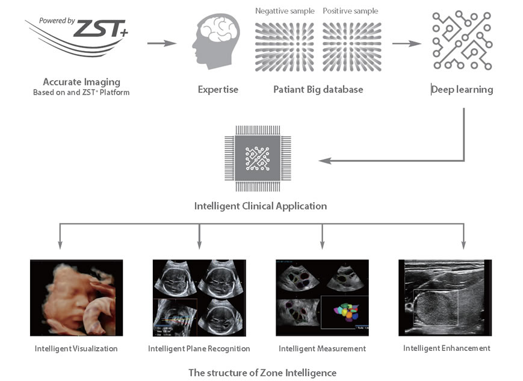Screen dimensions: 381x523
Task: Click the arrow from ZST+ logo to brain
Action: click(x=161, y=43)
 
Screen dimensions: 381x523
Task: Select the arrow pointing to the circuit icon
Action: click(x=406, y=43)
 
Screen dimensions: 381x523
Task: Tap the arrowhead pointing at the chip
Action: click(x=324, y=161)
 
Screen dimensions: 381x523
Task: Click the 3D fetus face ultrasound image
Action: click(x=76, y=297)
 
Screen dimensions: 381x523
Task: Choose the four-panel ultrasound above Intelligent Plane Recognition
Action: click(x=199, y=297)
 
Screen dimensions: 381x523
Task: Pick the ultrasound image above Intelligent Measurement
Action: click(x=322, y=297)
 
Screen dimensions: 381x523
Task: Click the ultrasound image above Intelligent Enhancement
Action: click(x=445, y=297)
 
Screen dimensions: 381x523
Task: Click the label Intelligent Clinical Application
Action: click(x=261, y=206)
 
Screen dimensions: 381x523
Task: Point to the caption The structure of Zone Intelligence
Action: click(x=262, y=373)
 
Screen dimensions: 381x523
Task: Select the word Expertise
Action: click(x=218, y=90)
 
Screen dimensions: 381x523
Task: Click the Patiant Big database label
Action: click(x=318, y=90)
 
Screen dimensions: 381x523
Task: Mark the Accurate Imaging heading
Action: click(x=82, y=82)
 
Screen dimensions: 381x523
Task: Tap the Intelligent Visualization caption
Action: click(x=76, y=348)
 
